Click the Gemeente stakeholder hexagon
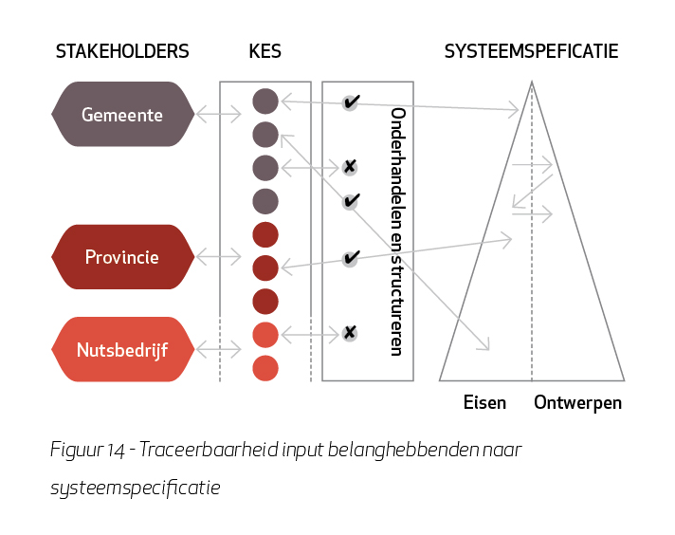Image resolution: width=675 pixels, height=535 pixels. pos(122,114)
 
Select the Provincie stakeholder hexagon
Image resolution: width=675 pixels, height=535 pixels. pos(122,257)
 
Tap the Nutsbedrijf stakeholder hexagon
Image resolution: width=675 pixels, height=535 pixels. pos(122,349)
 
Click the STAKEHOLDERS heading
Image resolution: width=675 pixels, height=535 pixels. pos(122,51)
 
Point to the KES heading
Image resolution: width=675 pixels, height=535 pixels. pos(265,51)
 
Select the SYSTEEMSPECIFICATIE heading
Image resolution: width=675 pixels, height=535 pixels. pos(531,51)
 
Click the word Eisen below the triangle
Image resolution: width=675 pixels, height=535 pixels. pos(484,403)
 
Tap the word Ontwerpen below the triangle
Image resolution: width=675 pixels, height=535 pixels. pos(577,403)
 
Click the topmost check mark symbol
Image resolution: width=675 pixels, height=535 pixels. pos(351,102)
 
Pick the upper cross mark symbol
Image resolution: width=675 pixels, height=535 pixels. pos(350,167)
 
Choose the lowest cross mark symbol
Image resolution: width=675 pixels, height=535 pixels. pos(350,333)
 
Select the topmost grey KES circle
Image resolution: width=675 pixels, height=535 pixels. pos(265,101)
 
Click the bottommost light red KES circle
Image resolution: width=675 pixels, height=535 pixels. pos(265,368)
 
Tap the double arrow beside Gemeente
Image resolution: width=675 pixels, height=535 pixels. pos(219,114)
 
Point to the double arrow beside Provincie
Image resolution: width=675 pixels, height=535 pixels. pos(219,257)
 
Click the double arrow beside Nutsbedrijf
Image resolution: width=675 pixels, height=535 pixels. pos(219,349)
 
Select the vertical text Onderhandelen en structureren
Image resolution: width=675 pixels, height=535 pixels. pos(397,231)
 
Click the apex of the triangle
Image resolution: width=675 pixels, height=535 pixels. pos(532,81)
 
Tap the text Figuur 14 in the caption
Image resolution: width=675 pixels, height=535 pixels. pos(87,451)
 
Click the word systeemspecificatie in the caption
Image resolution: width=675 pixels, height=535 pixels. pos(136,489)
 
